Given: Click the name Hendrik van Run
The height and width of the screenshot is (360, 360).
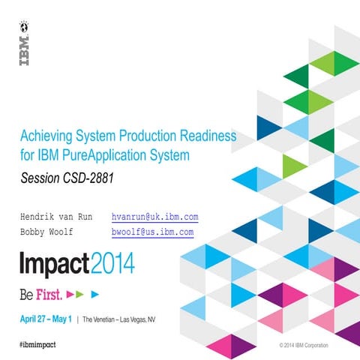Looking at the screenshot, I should pyautogui.click(x=55, y=217).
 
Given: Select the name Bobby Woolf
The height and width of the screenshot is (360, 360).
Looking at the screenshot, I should pyautogui.click(x=46, y=232).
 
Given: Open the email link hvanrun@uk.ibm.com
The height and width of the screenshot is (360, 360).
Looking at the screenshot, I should pyautogui.click(x=154, y=217).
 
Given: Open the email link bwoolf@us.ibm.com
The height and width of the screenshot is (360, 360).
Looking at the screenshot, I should pyautogui.click(x=152, y=232).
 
